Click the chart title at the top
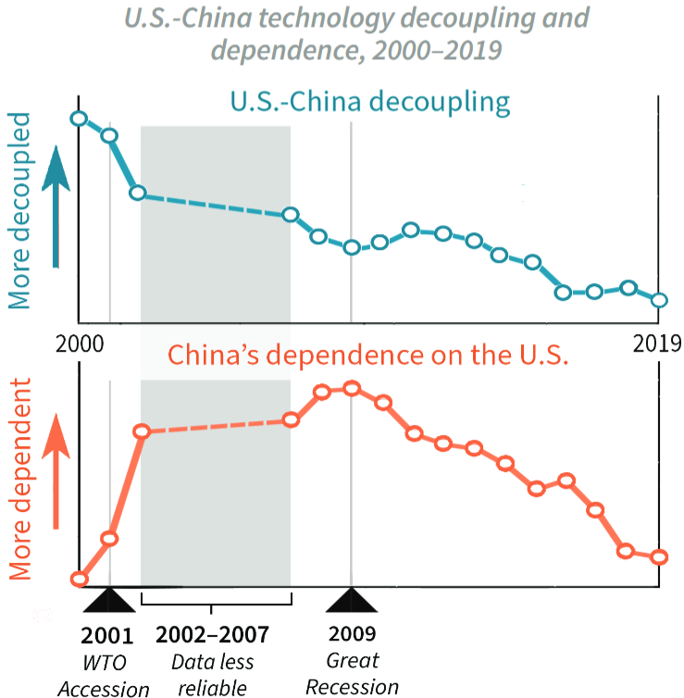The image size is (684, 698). [356, 32]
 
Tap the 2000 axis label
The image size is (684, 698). [80, 343]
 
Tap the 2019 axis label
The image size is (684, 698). [657, 343]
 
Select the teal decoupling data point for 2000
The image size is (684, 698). [79, 118]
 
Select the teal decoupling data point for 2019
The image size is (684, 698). [659, 300]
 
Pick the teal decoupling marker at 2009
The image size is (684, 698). [351, 247]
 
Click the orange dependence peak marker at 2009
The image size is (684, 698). [351, 388]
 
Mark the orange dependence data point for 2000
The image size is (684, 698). [80, 580]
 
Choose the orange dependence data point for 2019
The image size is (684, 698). [659, 557]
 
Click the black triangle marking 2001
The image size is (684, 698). [109, 602]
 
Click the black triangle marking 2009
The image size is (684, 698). [351, 602]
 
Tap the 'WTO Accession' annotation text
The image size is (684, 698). [103, 677]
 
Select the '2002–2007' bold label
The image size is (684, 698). [213, 635]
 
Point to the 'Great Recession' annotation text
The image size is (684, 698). [352, 675]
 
